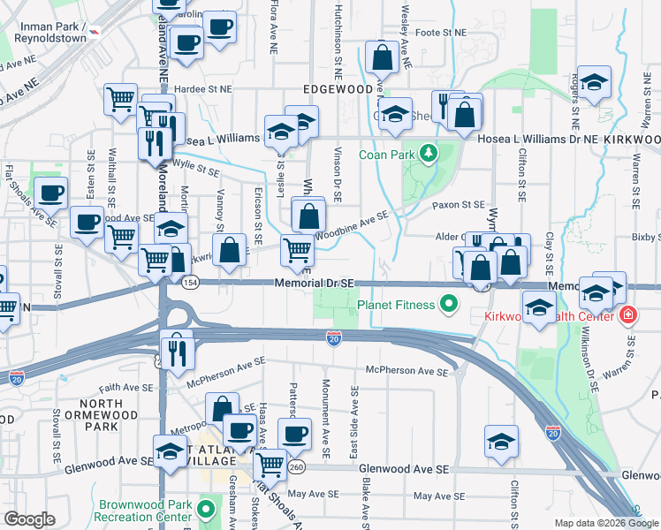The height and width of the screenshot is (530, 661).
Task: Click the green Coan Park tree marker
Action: pyautogui.click(x=429, y=154)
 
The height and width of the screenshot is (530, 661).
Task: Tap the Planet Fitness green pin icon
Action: pyautogui.click(x=449, y=306)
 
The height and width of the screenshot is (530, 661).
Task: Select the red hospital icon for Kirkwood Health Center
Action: pyautogui.click(x=627, y=315)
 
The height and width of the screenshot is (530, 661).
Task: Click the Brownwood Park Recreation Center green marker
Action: pyautogui.click(x=206, y=510)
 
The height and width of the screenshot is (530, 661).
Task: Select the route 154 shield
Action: pyautogui.click(x=190, y=283)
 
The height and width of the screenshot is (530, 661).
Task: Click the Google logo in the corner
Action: pyautogui.click(x=30, y=519)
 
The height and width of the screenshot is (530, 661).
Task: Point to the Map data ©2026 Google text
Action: pyautogui.click(x=606, y=523)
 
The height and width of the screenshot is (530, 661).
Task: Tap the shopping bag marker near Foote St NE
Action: pyautogui.click(x=382, y=58)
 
